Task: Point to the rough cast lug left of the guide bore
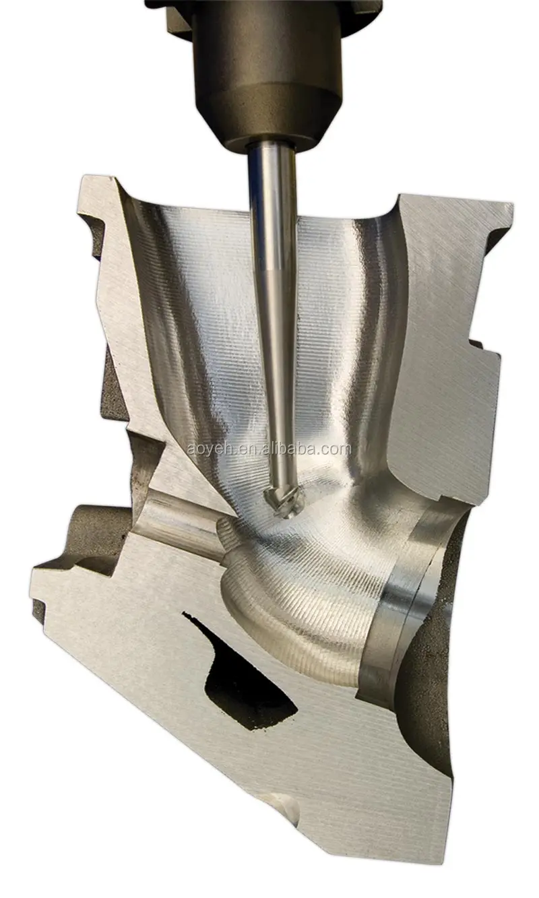pyautogui.click(x=101, y=532)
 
